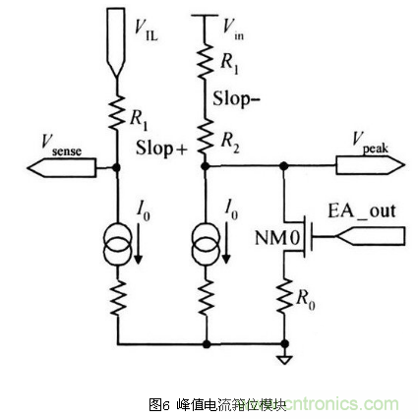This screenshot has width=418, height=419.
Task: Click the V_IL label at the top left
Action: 149,29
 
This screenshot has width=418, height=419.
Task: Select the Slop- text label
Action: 236,98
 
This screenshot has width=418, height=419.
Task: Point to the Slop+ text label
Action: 161,149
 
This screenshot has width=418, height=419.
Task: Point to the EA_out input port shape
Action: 372,235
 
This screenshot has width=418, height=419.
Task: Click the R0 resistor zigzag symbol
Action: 285,295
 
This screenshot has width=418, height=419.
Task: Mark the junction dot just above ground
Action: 285,344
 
